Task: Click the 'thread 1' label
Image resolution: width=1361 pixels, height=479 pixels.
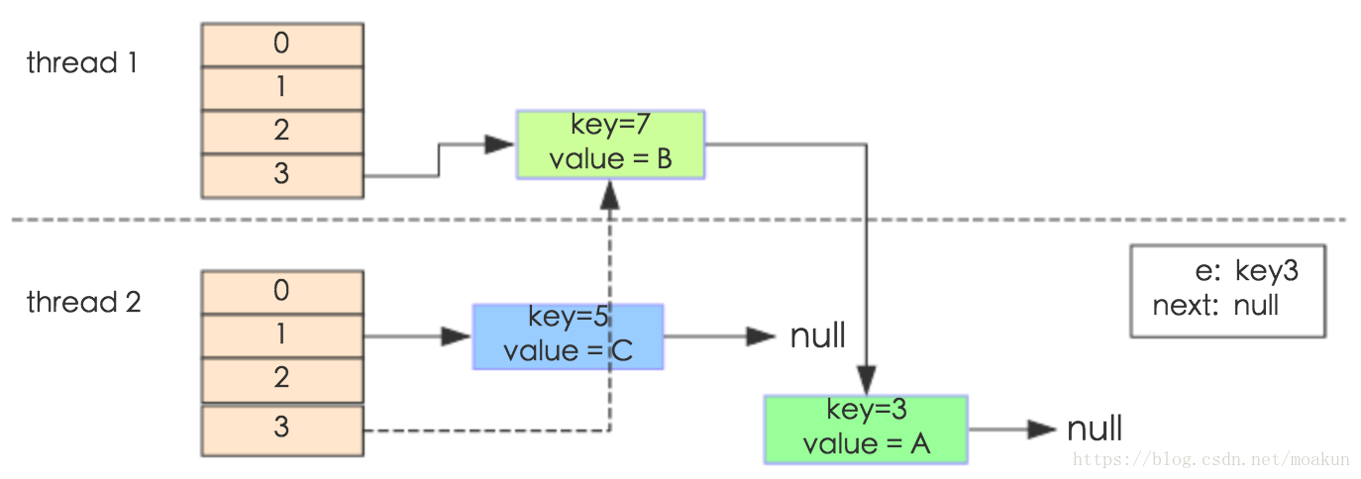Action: click(82, 62)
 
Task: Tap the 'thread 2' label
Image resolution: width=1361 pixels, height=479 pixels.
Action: click(84, 302)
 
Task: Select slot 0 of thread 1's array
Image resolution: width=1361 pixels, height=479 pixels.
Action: click(282, 45)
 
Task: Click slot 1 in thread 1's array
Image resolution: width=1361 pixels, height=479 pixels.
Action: click(282, 89)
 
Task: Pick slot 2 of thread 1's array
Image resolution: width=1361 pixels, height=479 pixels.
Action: click(282, 133)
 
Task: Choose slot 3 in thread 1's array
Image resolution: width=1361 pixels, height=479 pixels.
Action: click(282, 176)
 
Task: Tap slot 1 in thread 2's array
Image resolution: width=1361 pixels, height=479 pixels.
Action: click(282, 336)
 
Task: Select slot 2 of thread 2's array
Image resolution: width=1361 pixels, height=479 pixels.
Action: click(282, 380)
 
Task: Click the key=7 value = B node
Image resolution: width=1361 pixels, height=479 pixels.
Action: click(610, 144)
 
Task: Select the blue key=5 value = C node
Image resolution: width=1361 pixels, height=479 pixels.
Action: click(569, 336)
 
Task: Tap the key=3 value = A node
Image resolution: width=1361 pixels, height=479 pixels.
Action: click(866, 430)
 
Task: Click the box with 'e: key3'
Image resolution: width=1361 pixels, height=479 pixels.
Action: click(1228, 291)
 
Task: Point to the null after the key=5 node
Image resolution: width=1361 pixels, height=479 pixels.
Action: click(818, 335)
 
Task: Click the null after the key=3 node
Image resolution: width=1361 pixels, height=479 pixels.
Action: click(1095, 430)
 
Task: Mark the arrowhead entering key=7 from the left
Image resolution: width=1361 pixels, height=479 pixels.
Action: click(499, 144)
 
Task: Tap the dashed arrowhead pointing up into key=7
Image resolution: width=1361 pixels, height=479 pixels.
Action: click(609, 195)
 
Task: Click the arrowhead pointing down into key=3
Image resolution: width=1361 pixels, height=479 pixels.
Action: click(867, 381)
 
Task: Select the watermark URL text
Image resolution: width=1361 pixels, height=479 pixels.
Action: click(1210, 459)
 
